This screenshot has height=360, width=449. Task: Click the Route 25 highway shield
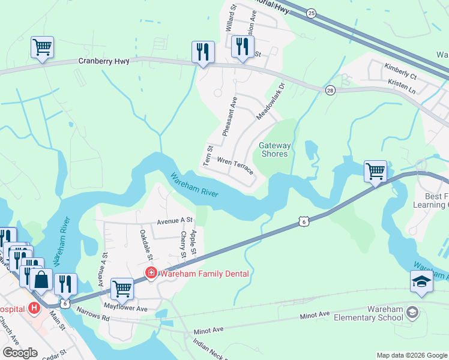pos(311,13)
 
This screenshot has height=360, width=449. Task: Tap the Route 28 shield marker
pos(330,90)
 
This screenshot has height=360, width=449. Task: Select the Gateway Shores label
pos(274,149)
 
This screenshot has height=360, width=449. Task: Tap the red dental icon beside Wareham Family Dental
pos(151,274)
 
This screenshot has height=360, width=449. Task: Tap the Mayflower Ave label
pos(125,308)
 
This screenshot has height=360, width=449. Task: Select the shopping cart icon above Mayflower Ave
pos(122,289)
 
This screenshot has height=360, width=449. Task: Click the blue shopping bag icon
pos(41,280)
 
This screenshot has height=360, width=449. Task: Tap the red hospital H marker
pos(34,308)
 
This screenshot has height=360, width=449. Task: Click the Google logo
pos(20,353)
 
